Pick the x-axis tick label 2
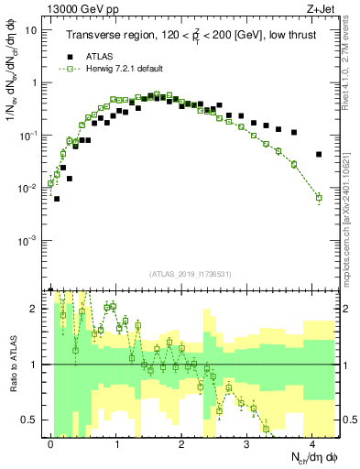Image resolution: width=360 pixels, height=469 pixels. pyautogui.click(x=181, y=442)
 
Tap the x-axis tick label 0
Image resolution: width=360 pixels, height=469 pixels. pyautogui.click(x=51, y=442)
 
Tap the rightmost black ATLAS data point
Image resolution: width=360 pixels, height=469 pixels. pyautogui.click(x=318, y=154)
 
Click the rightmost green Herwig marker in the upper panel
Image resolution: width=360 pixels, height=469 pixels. pyautogui.click(x=318, y=197)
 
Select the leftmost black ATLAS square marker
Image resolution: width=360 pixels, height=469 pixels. pyautogui.click(x=57, y=198)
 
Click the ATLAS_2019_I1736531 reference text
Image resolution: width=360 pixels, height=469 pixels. pyautogui.click(x=182, y=274)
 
